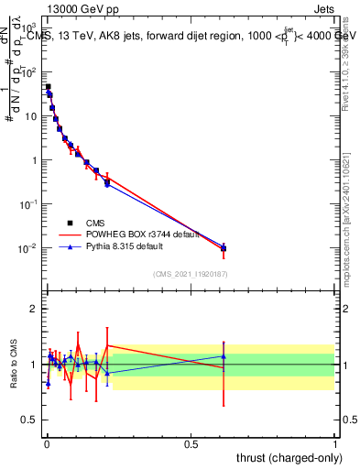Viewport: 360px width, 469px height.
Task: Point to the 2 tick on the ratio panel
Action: coord(34,309)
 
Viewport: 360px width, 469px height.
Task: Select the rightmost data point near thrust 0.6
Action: coord(223,247)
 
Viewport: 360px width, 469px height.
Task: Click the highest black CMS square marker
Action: coord(48,87)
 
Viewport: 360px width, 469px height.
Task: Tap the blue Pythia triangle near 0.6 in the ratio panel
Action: coord(223,356)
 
